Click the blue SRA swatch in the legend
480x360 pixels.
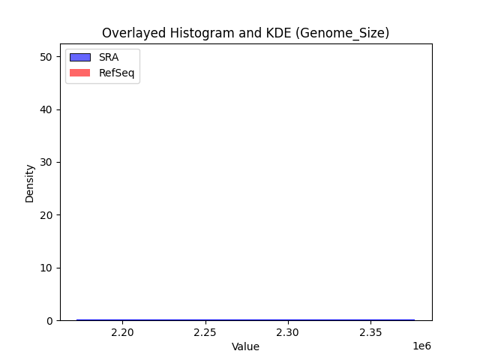pyautogui.click(x=80, y=58)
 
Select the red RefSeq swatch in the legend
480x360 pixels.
pyautogui.click(x=80, y=73)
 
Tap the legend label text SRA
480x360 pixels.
pyautogui.click(x=109, y=58)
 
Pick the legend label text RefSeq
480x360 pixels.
pyautogui.click(x=116, y=73)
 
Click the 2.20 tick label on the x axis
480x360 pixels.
pyautogui.click(x=123, y=332)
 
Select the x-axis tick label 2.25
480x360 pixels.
pyautogui.click(x=205, y=332)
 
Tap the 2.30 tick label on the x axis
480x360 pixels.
pyautogui.click(x=288, y=332)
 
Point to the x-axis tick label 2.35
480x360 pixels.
pyautogui.click(x=370, y=332)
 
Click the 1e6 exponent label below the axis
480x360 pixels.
pyautogui.click(x=423, y=346)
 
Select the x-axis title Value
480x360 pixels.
pyautogui.click(x=245, y=346)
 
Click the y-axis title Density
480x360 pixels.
pyautogui.click(x=30, y=183)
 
